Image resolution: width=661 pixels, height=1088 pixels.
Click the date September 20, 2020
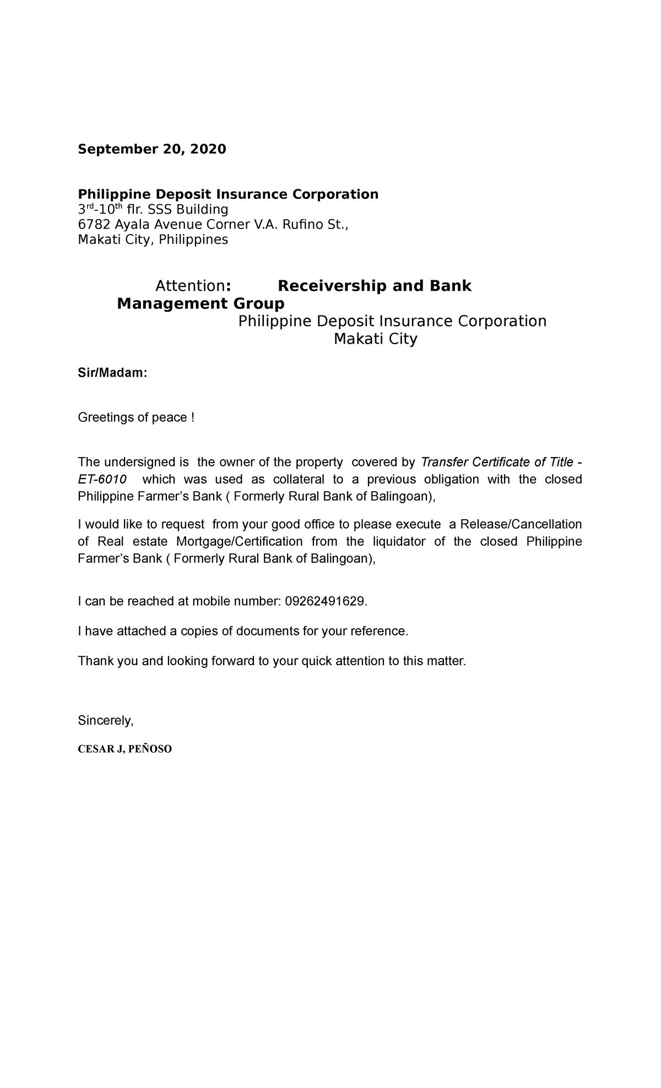click(151, 149)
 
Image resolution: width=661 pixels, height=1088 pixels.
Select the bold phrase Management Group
click(201, 303)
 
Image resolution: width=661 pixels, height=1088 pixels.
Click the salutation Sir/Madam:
click(112, 373)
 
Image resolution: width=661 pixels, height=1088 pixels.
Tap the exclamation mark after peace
click(192, 418)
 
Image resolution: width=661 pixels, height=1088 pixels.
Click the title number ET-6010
click(102, 479)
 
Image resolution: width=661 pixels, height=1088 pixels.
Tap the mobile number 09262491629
click(324, 601)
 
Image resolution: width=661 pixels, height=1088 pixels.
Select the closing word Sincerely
click(105, 721)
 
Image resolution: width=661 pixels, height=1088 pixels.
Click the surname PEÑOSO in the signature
click(150, 749)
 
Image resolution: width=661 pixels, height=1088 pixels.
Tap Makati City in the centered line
click(375, 339)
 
